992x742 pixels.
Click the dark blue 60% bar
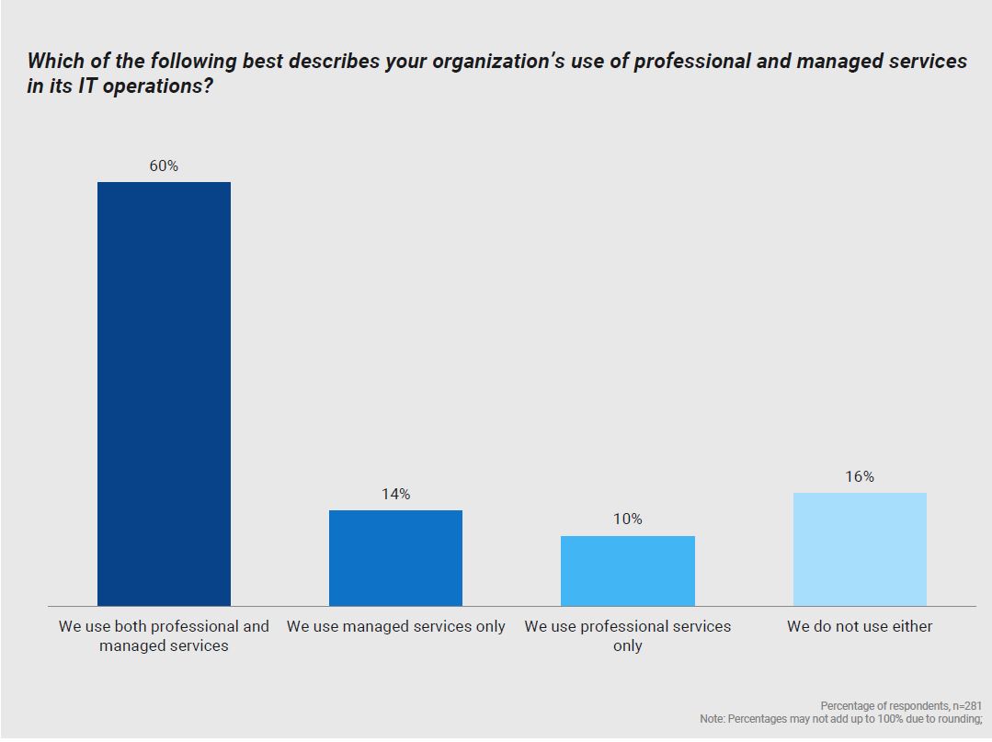pos(164,394)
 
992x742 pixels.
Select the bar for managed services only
pos(395,557)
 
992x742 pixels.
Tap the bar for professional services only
pos(627,570)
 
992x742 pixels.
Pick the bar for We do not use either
pos(860,549)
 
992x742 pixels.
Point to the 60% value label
pos(164,166)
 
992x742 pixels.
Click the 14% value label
pos(395,495)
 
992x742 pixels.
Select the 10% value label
pos(627,519)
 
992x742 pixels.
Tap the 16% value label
pos(860,476)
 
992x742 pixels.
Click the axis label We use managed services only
pos(395,626)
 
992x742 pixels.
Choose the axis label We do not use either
pos(860,626)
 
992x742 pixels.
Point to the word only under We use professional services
pos(627,645)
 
